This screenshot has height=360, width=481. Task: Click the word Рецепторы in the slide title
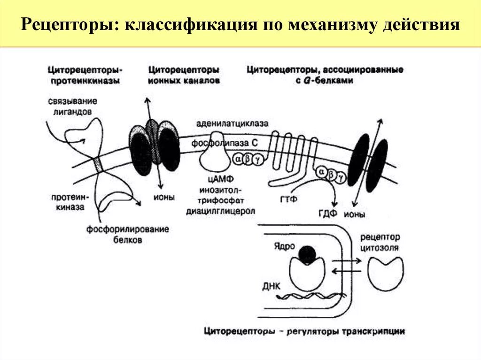tap(68, 24)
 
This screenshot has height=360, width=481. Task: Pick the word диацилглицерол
tap(221, 211)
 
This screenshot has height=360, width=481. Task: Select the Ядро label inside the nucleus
tap(282, 246)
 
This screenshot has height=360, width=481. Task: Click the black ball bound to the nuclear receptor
tap(307, 254)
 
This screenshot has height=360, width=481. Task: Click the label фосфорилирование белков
tap(127, 235)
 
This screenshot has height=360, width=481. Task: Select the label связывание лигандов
tap(72, 107)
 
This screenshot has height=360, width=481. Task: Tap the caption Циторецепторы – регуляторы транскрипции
tap(304, 331)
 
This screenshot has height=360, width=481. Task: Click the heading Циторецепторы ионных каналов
tap(184, 75)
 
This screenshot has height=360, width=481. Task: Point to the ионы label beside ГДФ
tap(357, 215)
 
